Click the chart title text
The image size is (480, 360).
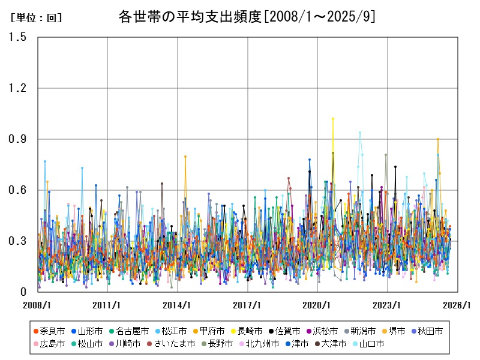click(247, 17)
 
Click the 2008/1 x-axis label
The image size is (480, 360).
click(37, 305)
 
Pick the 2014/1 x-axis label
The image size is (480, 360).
click(178, 305)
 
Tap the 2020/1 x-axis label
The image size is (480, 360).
click(318, 305)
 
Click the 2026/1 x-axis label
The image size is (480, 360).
click(458, 305)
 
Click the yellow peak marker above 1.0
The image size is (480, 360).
click(333, 119)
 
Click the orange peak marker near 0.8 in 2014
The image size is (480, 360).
click(185, 157)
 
